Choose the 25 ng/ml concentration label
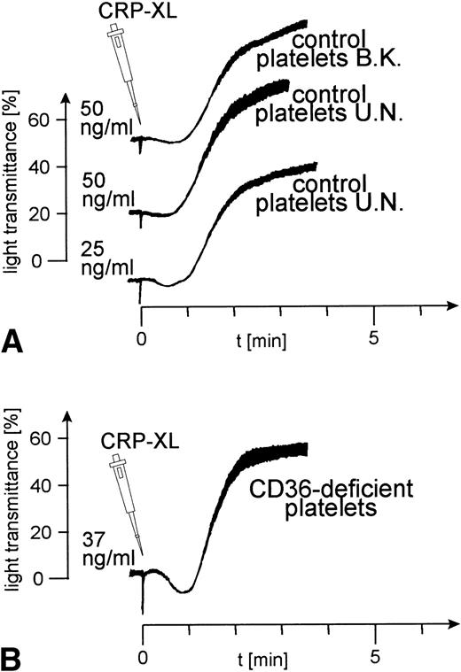point(98,253)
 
